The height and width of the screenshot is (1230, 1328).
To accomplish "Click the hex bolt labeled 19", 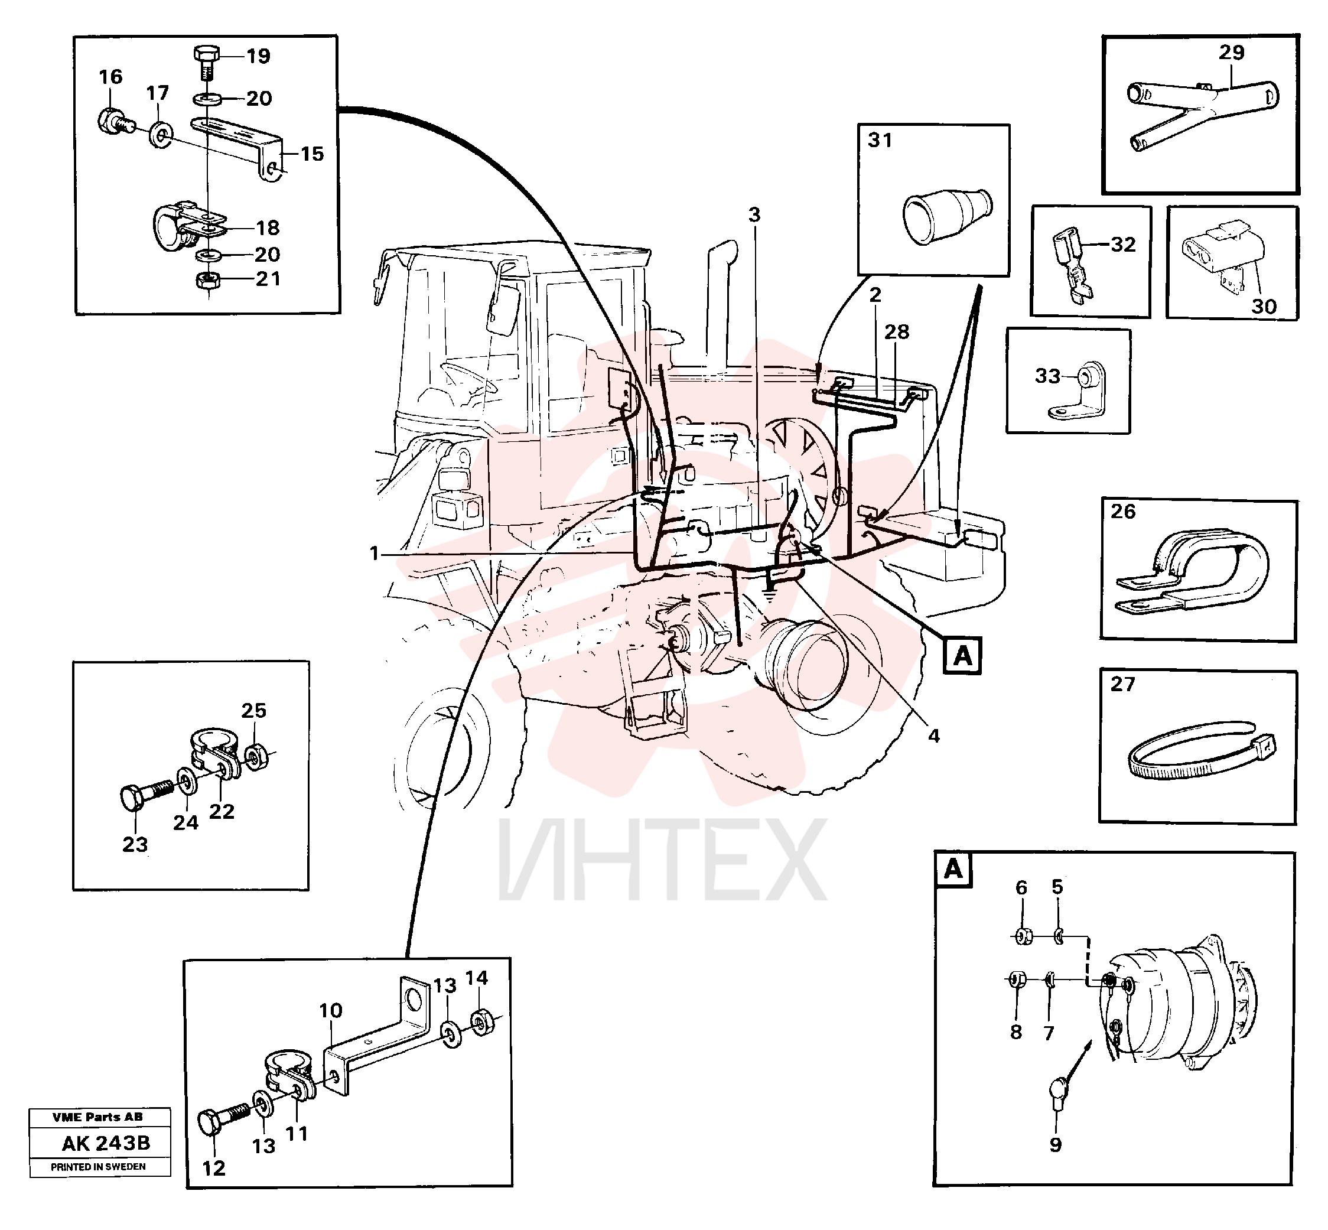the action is coord(206,63).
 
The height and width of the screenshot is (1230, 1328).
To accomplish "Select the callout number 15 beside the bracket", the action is coord(311,154).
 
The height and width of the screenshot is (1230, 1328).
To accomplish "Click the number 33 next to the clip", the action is coord(1046,376).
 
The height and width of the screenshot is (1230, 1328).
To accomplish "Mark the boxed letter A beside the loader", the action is coord(962,656).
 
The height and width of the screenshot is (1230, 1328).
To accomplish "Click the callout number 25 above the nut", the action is coord(253,711).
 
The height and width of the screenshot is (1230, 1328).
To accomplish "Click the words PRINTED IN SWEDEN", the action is coord(99,1167).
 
